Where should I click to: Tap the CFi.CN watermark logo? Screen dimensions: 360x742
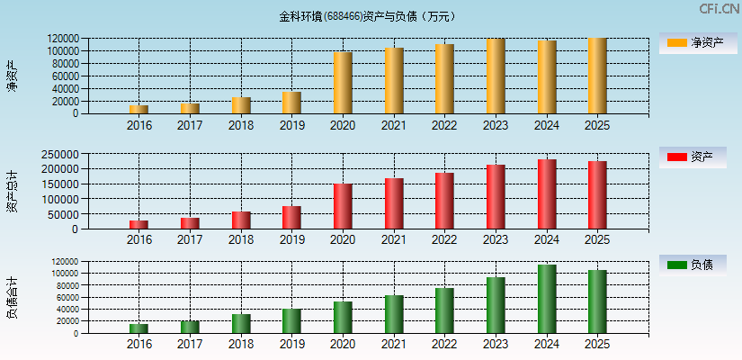[719, 9]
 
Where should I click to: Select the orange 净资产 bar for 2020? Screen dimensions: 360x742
[343, 83]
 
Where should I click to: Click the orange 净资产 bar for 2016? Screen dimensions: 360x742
[139, 109]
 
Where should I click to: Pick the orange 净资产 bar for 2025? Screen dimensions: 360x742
[597, 76]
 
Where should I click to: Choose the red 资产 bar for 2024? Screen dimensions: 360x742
[547, 194]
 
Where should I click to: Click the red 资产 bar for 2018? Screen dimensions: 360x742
[241, 220]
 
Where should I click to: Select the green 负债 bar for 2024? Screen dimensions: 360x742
[547, 299]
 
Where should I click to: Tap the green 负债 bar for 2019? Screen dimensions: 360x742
[291, 321]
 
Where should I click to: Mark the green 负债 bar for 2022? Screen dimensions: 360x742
[444, 310]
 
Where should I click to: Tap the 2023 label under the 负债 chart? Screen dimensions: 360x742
[496, 344]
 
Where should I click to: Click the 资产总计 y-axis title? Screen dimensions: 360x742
[12, 191]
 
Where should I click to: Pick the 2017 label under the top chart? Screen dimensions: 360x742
[190, 125]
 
